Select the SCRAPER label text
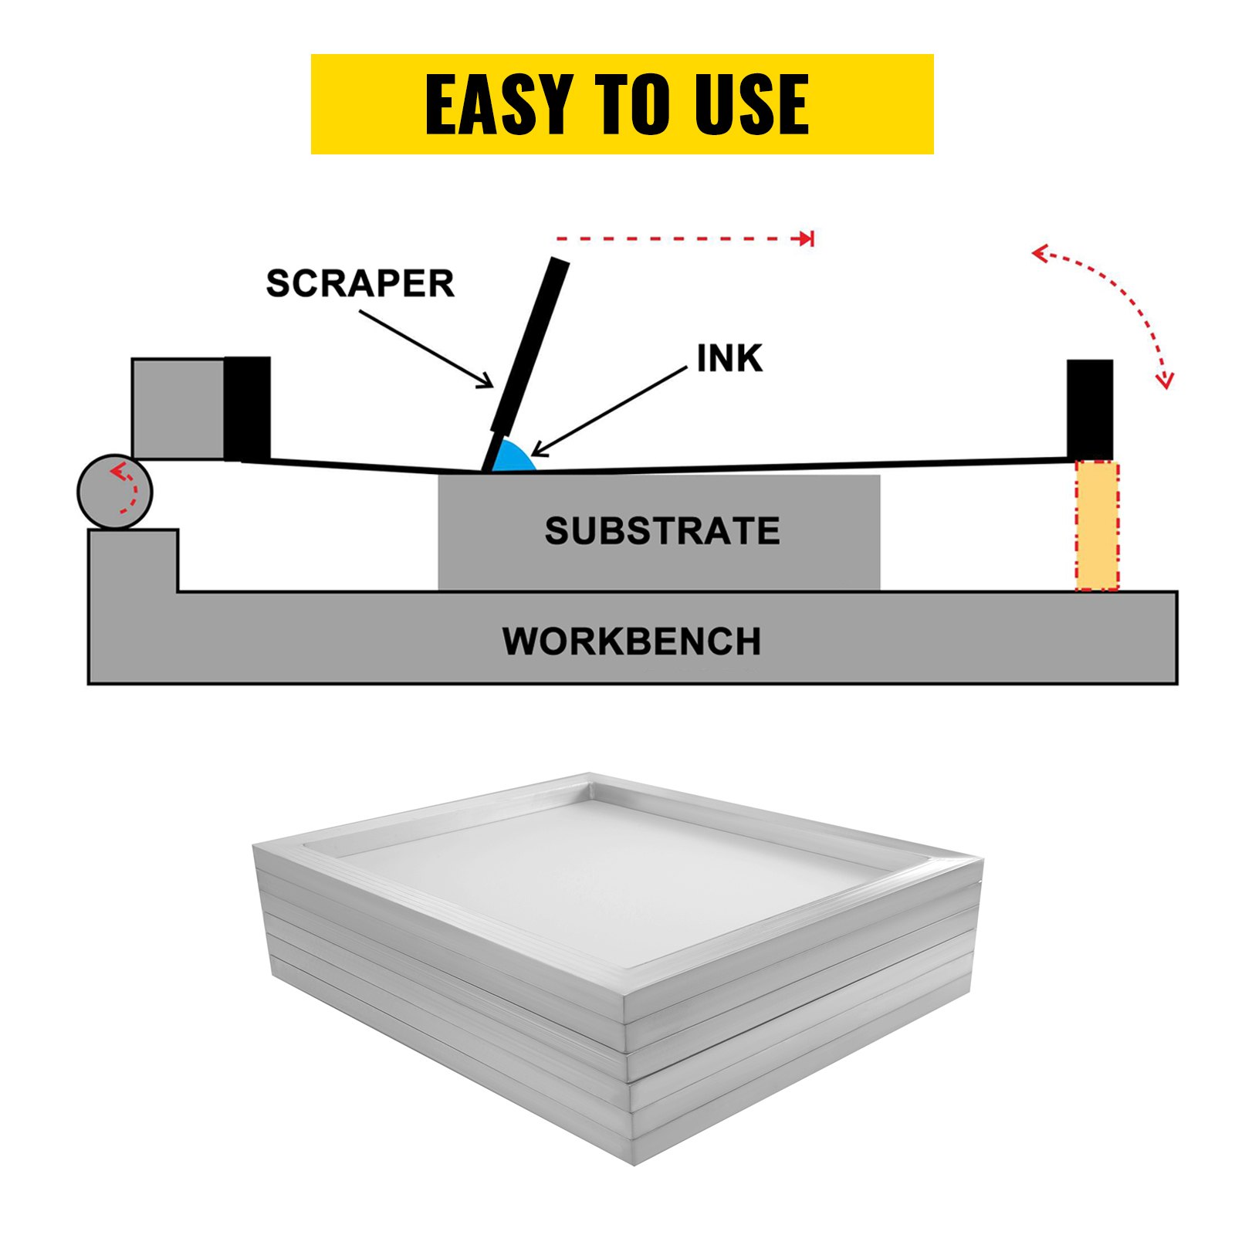360,283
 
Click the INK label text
729,359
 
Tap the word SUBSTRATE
661,531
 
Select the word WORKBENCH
631,641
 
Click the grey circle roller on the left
115,492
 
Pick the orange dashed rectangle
1097,526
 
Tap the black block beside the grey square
248,408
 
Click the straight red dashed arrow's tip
807,239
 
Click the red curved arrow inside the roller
125,488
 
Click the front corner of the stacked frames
631,1081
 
